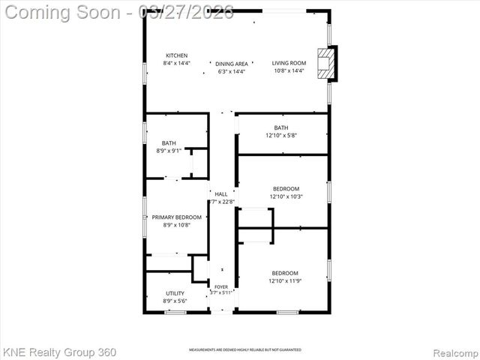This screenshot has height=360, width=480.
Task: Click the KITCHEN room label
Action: (x=177, y=56)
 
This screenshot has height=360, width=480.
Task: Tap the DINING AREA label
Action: (x=232, y=64)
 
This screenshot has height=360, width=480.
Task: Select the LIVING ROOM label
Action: (x=289, y=63)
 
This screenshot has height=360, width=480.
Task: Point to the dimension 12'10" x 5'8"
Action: (x=281, y=136)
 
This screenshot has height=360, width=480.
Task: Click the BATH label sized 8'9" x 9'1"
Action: (x=169, y=143)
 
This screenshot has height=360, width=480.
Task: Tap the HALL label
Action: (x=221, y=194)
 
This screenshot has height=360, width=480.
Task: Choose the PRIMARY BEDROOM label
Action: (x=177, y=217)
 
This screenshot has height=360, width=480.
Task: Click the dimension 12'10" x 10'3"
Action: (x=286, y=196)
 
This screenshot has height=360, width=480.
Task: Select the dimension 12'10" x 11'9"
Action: (x=285, y=280)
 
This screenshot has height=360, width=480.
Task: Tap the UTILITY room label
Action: (x=175, y=293)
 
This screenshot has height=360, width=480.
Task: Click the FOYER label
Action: (x=221, y=286)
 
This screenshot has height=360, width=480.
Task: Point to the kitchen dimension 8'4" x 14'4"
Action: (x=177, y=64)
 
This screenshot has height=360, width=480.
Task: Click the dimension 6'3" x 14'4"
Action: (x=232, y=71)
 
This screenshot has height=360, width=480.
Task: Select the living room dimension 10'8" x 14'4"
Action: (x=289, y=70)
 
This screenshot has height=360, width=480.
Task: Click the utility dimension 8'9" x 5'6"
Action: (x=175, y=301)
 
